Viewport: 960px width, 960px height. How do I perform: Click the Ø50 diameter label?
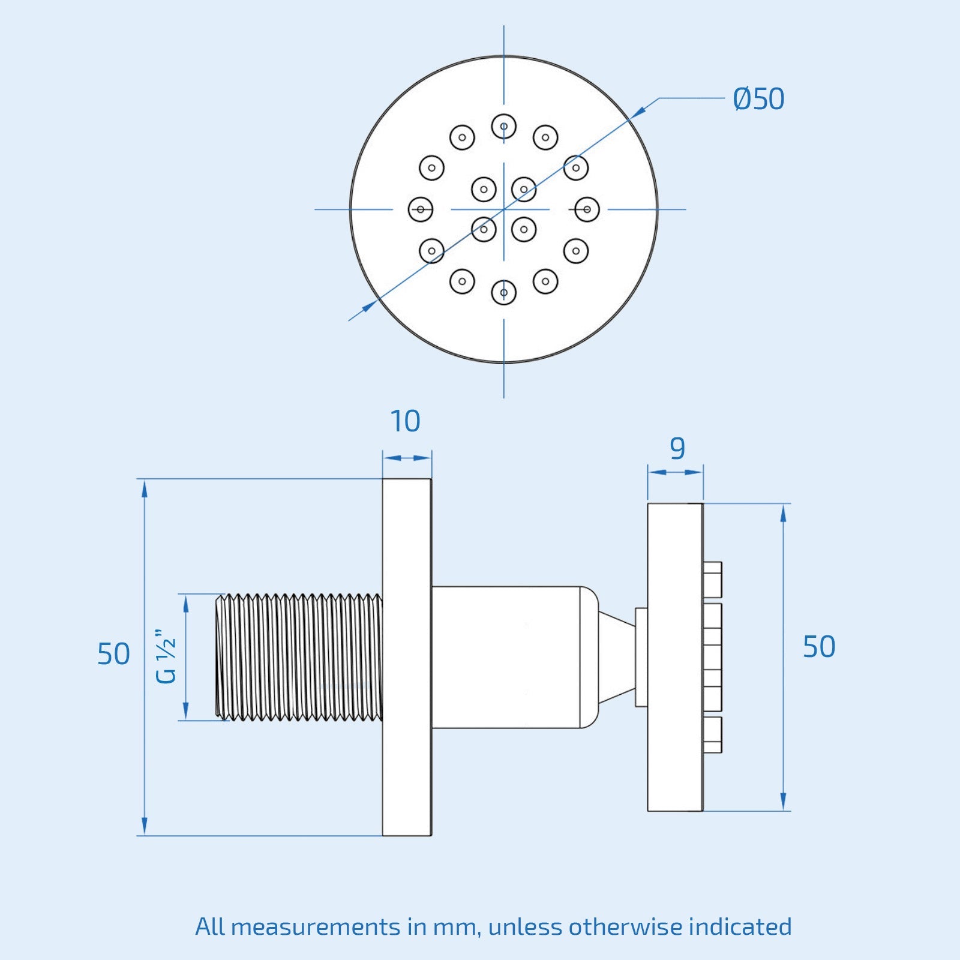[x=758, y=99]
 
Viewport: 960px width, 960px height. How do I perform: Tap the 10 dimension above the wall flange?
[x=406, y=421]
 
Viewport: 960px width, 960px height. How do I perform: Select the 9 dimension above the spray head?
[x=677, y=448]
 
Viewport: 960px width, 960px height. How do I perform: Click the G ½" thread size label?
[x=166, y=656]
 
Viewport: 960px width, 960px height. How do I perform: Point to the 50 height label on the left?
[x=113, y=654]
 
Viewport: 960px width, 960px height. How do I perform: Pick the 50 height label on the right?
[x=819, y=647]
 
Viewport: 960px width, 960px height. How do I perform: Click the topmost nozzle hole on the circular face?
[x=504, y=127]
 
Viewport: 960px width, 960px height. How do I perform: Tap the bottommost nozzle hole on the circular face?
[x=504, y=293]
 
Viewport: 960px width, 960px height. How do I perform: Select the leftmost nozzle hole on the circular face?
[x=421, y=209]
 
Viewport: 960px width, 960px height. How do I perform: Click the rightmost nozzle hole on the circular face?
[x=587, y=209]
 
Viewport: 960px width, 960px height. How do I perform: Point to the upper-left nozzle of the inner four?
[x=484, y=190]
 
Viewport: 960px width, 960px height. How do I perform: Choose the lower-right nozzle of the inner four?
[x=524, y=229]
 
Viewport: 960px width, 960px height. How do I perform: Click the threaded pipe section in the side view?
[x=299, y=657]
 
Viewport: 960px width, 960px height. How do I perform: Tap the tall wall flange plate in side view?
[x=407, y=657]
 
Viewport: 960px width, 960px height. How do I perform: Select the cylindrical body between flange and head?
[x=506, y=657]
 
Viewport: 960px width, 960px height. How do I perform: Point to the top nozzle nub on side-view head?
[x=713, y=579]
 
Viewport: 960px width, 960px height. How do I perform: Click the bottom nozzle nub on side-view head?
[x=713, y=735]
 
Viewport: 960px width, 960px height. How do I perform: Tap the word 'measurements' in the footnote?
[x=314, y=927]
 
